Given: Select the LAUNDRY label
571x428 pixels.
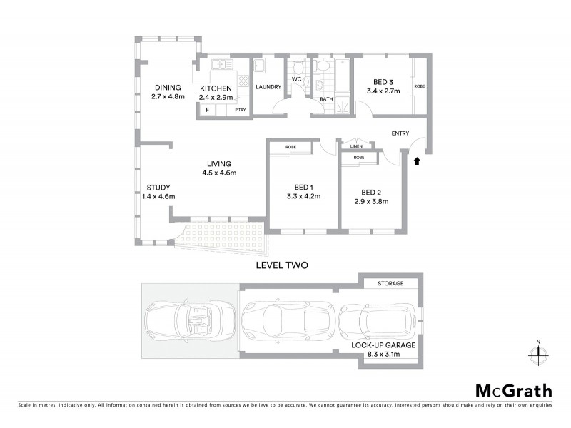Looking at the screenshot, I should [269, 87].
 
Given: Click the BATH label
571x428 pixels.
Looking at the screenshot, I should [327, 99].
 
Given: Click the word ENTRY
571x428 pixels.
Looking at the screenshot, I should [400, 133].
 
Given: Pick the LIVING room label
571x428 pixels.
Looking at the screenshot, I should [218, 163].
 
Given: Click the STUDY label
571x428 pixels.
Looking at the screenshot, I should [158, 188].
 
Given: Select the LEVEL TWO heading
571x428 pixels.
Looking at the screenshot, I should [282, 265].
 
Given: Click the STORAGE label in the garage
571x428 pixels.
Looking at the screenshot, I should [390, 283].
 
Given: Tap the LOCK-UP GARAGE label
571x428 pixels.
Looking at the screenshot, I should [383, 345].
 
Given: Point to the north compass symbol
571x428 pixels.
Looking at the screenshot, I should [538, 354].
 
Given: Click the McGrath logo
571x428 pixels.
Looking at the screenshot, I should [513, 390].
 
